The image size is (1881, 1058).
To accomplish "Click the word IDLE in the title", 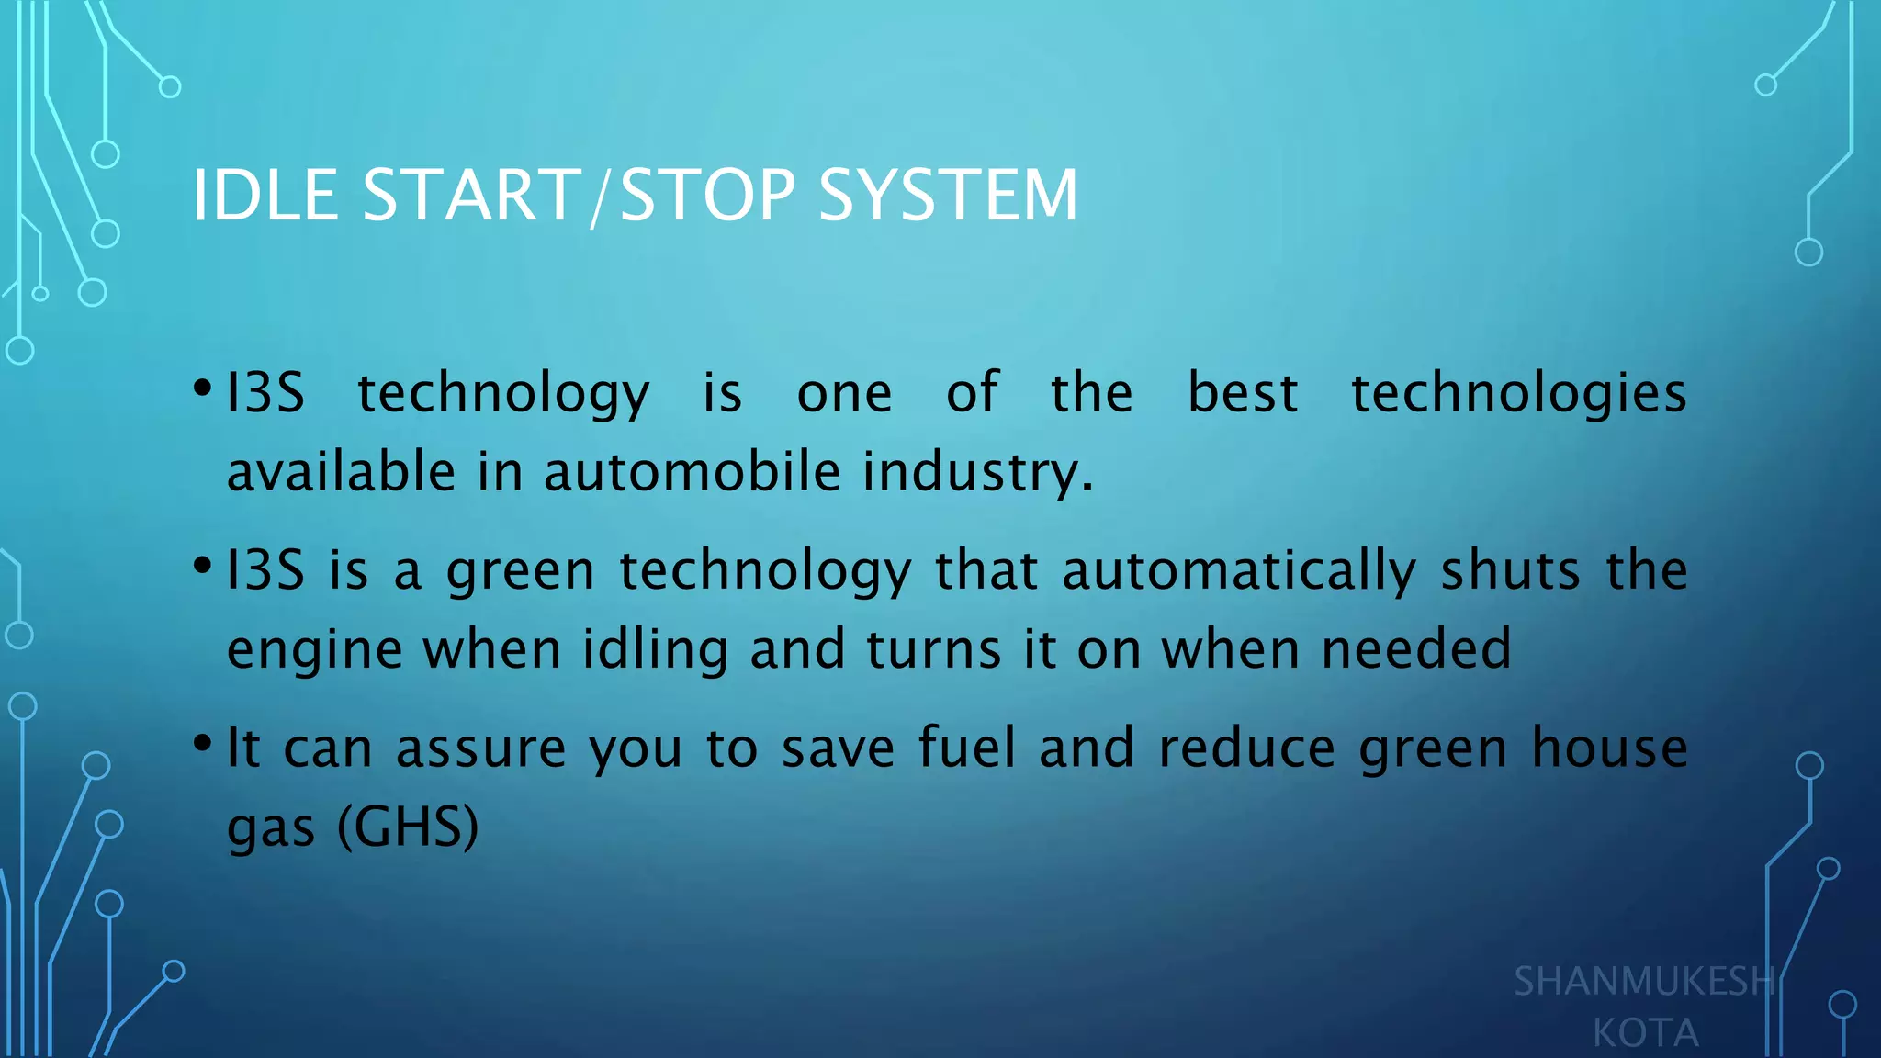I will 265,196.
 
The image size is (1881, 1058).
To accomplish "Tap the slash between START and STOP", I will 600,197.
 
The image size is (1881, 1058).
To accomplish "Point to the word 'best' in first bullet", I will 1243,393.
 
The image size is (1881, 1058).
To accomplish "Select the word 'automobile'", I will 692,472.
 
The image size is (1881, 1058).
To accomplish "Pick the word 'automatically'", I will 1239,571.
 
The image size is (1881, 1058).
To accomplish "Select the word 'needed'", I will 1415,649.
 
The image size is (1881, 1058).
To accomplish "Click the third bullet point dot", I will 203,743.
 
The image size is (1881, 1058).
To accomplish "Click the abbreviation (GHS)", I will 408,827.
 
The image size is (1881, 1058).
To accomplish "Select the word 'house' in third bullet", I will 1609,748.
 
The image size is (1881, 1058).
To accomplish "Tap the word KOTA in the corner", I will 1645,1033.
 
